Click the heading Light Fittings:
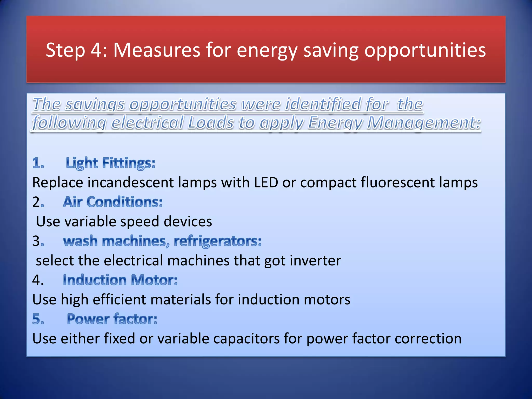click(110, 163)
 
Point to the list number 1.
click(38, 163)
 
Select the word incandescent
click(130, 182)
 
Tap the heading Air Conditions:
click(113, 202)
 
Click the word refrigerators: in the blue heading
click(218, 241)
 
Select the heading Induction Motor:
click(120, 280)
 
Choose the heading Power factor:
click(112, 319)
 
